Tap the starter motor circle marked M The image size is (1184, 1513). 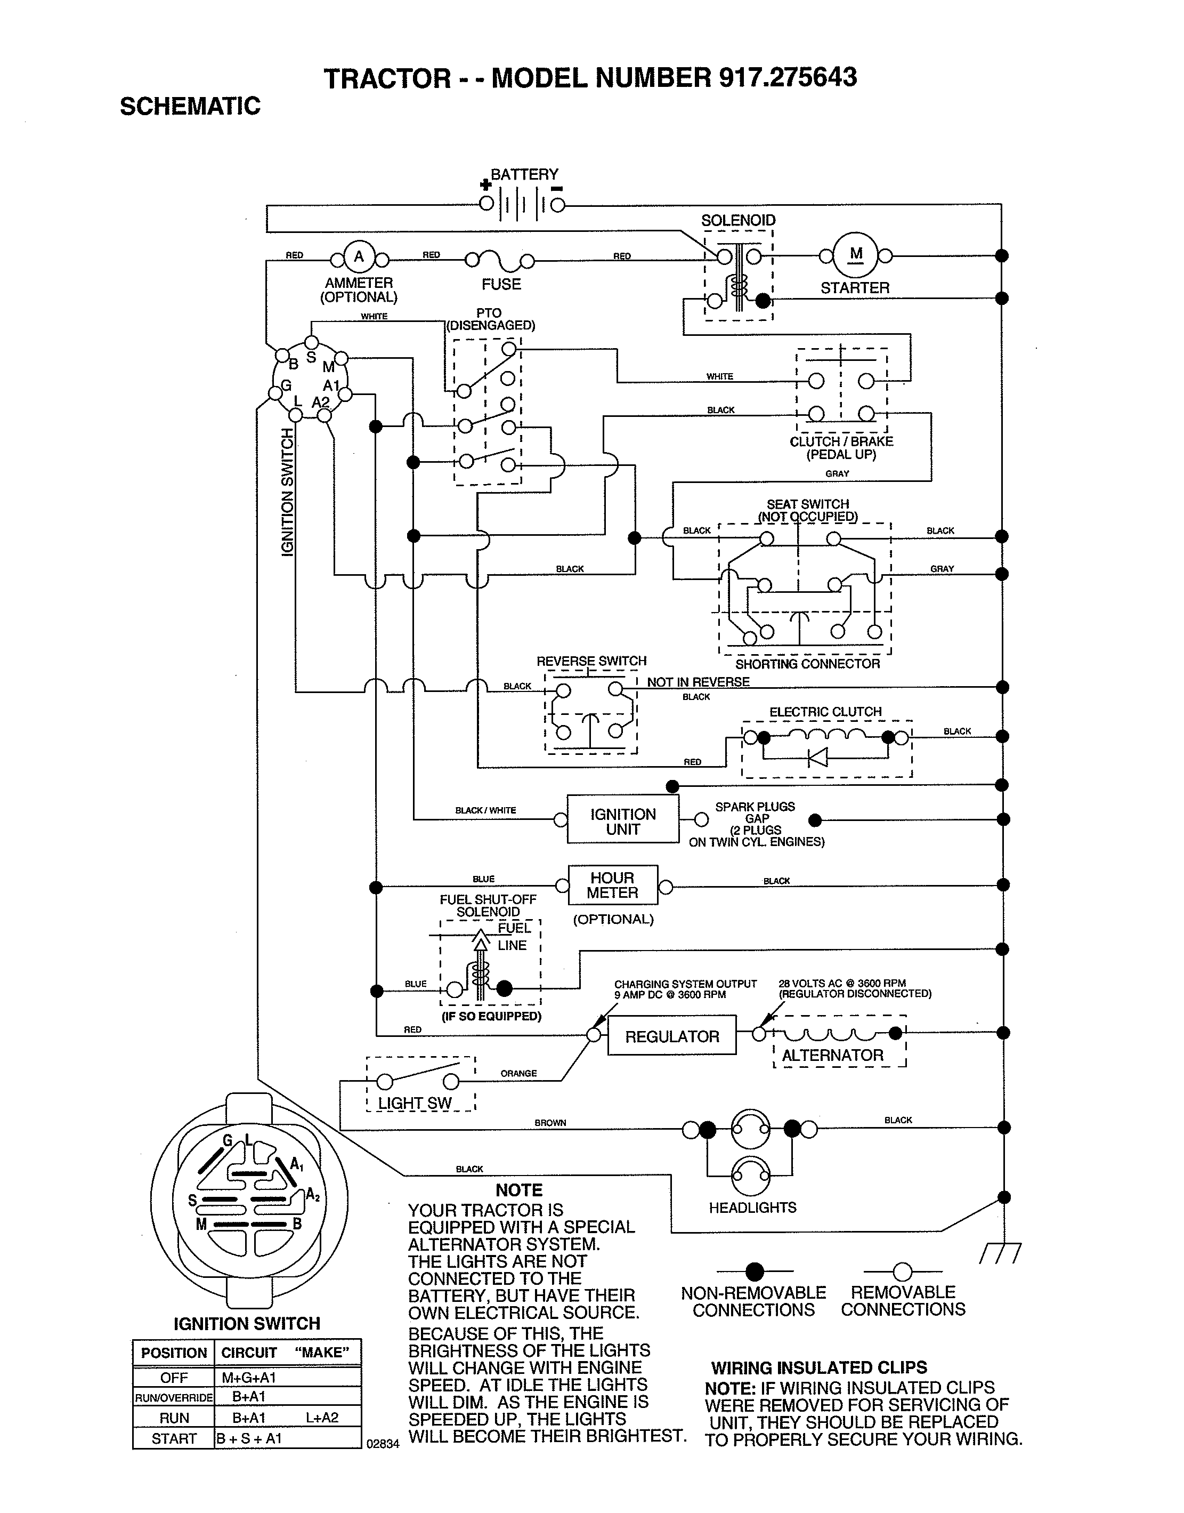[855, 254]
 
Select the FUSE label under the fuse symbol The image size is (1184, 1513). [501, 284]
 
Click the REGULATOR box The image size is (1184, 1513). [672, 1036]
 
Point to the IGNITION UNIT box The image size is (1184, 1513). [622, 821]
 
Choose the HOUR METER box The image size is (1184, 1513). [612, 886]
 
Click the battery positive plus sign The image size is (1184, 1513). [486, 185]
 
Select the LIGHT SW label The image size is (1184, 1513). [415, 1103]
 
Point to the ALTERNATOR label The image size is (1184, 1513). [832, 1056]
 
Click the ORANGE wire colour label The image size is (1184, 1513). [518, 1073]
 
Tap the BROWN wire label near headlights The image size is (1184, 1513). [550, 1123]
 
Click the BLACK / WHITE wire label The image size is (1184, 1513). [485, 810]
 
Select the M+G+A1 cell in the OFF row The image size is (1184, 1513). [248, 1378]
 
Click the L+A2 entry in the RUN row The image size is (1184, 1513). [322, 1418]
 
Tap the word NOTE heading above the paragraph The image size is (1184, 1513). [518, 1190]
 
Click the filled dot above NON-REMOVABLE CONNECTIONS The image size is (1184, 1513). [754, 1271]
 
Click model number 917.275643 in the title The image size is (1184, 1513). [788, 78]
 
